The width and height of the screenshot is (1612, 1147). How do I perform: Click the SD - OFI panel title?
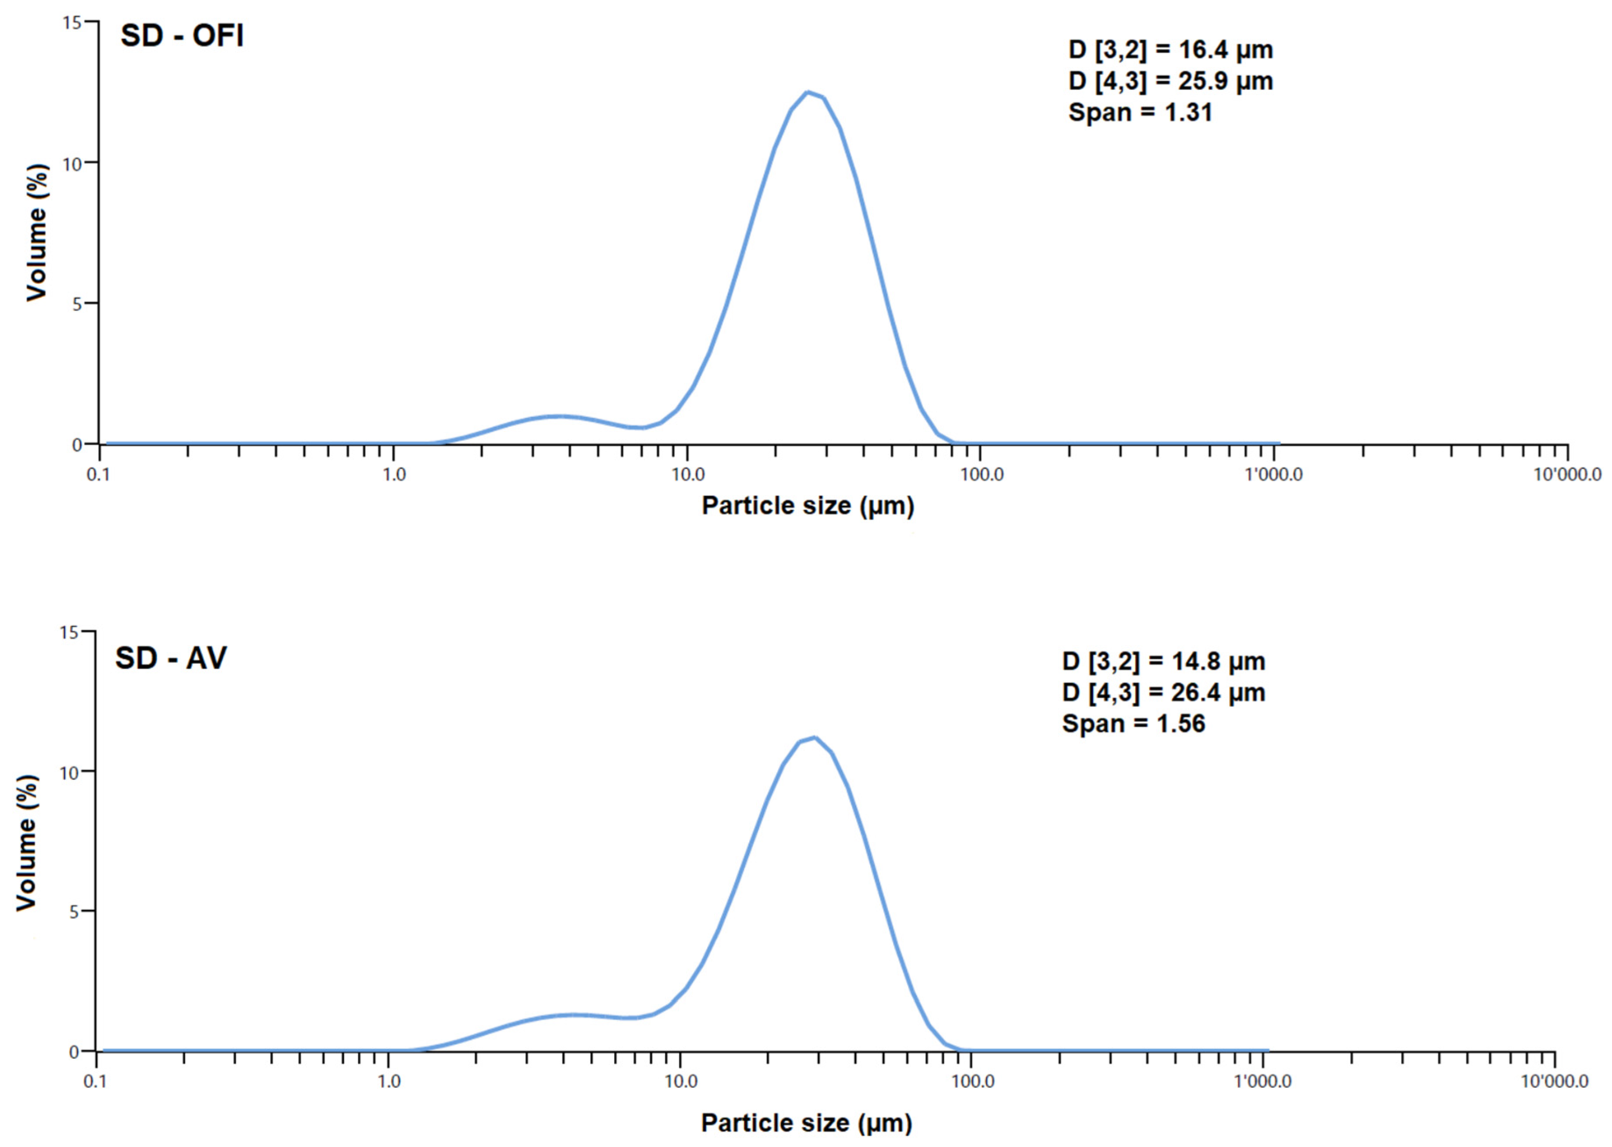182,36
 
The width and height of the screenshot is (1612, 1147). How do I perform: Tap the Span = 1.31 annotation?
1140,112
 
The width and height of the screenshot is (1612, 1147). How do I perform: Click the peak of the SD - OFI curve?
808,92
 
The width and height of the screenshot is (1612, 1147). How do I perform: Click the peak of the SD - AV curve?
815,737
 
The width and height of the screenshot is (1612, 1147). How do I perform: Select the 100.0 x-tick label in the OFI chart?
981,474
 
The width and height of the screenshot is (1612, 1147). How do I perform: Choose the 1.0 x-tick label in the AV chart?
389,1081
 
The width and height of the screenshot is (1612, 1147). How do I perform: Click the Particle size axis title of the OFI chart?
808,506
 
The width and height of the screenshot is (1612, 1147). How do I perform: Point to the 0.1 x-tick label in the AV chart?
95,1081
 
